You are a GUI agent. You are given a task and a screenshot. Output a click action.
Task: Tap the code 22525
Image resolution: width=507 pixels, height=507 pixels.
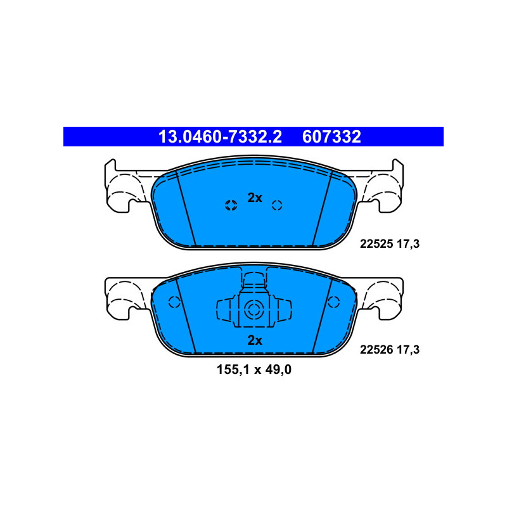376,242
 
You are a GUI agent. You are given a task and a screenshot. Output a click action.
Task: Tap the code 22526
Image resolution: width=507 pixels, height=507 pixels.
376,349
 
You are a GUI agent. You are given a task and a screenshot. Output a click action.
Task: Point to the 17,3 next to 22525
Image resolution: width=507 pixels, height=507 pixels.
409,242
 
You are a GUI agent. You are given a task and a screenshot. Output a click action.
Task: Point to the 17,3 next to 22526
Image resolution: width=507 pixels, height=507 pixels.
409,349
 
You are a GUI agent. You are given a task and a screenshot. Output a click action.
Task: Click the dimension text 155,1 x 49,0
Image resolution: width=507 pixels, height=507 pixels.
254,370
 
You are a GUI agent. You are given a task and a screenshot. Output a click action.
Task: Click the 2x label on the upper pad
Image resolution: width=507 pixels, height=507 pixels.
254,198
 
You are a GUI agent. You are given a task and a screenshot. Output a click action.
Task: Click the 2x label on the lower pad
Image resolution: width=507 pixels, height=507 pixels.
254,340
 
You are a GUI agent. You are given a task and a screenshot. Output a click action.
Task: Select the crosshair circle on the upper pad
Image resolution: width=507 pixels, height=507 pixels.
231,204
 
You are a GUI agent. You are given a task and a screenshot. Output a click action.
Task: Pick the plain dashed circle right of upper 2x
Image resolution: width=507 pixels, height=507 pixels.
276,204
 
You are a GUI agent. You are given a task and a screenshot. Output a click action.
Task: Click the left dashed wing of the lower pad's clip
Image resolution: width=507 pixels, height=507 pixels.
224,311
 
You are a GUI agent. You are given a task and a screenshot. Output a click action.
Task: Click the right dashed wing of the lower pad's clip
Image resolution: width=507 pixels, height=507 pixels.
284,311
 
